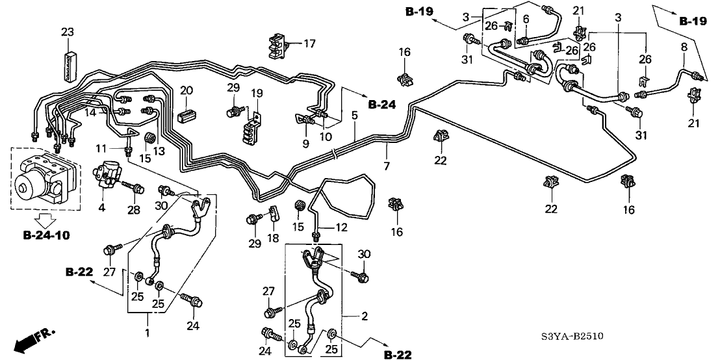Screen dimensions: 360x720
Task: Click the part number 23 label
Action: [68, 31]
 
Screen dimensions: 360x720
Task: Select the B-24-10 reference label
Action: [46, 233]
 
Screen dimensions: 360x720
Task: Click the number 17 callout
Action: [309, 44]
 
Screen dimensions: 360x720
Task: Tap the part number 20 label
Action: [186, 90]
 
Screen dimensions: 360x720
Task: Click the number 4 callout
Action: [101, 209]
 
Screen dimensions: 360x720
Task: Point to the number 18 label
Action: [272, 238]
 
